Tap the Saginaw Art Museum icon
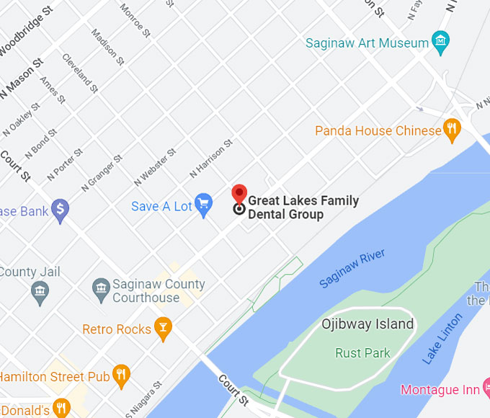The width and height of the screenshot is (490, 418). [440, 42]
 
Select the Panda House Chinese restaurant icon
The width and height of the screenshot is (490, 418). [452, 130]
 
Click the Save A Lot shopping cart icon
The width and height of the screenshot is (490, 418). [203, 205]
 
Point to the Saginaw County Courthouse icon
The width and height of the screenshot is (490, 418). [102, 290]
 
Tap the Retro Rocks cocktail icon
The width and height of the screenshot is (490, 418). [164, 329]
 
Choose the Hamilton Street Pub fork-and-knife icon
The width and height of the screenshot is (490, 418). [120, 375]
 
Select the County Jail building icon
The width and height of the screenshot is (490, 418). [40, 291]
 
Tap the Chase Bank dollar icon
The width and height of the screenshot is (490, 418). [61, 211]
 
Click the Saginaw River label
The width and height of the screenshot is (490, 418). [352, 268]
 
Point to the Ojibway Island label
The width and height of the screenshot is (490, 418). [367, 324]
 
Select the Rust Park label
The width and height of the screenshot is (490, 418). [362, 353]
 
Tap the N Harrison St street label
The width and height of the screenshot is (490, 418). [211, 159]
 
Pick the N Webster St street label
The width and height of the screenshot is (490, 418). [155, 168]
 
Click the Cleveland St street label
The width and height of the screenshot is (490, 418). [79, 73]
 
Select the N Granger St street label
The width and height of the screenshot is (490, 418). [99, 174]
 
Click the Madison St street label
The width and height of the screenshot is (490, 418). [104, 45]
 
